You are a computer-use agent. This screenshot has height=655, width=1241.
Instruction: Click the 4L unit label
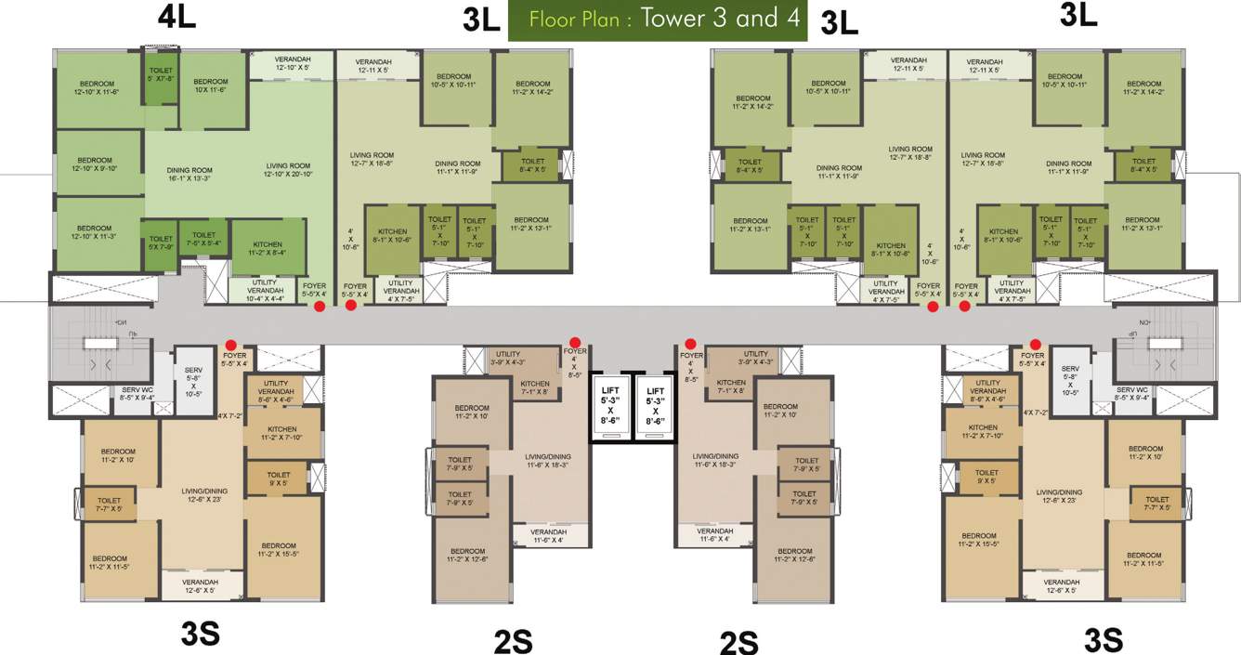[176, 19]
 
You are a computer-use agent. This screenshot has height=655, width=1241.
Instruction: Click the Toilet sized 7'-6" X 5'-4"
[204, 241]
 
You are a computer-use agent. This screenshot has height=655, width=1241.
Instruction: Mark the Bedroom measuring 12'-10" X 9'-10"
[95, 165]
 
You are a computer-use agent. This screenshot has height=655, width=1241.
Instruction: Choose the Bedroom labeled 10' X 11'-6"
[211, 86]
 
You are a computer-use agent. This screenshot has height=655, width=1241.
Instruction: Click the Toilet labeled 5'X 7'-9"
[161, 244]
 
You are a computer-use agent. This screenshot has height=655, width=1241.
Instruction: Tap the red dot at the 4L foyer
[319, 306]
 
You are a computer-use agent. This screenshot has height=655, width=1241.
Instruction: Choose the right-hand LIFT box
[656, 406]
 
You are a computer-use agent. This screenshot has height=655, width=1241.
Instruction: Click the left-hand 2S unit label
[512, 641]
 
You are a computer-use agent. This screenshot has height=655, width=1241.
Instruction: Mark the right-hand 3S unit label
[1104, 639]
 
